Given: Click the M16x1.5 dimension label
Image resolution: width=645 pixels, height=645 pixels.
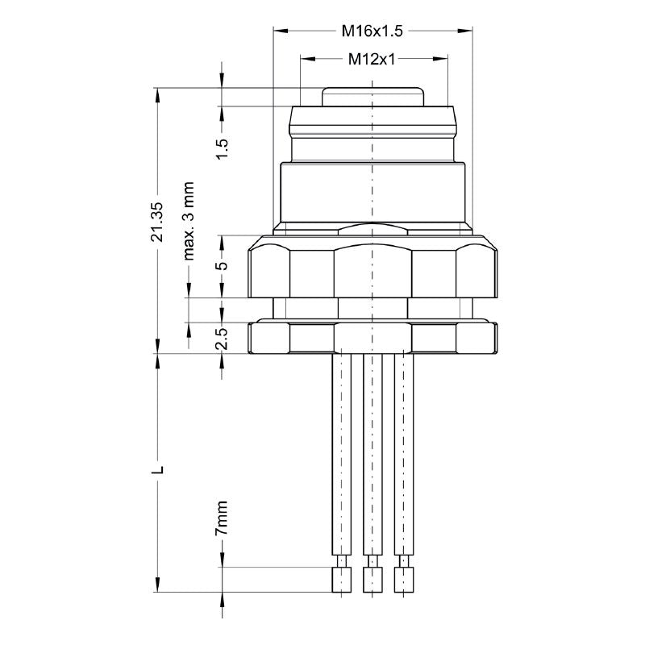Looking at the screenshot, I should tap(372, 31).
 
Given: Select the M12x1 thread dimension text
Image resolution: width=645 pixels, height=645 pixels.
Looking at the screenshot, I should tap(372, 59).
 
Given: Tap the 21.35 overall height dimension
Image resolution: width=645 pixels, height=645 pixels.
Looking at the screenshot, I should tap(158, 221).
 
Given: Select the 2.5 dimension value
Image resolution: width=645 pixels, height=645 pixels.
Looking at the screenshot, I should tap(223, 338).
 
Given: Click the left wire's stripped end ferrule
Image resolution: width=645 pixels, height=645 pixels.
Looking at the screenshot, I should tap(342, 578).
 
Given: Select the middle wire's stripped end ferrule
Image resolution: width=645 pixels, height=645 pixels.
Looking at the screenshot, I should tap(372, 578).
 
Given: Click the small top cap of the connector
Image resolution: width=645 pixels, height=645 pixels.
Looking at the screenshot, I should tap(372, 96).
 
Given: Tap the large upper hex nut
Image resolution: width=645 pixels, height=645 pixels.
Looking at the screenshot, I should tap(372, 266).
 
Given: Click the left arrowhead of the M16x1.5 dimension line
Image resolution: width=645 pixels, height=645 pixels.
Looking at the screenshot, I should tap(279, 31).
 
